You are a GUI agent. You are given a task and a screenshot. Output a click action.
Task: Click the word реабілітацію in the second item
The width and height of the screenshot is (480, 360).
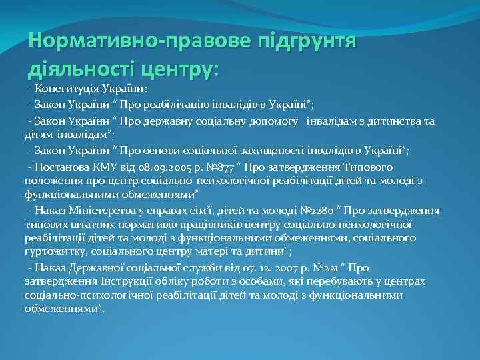tap(190, 105)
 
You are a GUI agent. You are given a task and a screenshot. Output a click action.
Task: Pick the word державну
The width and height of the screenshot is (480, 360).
tap(176, 120)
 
